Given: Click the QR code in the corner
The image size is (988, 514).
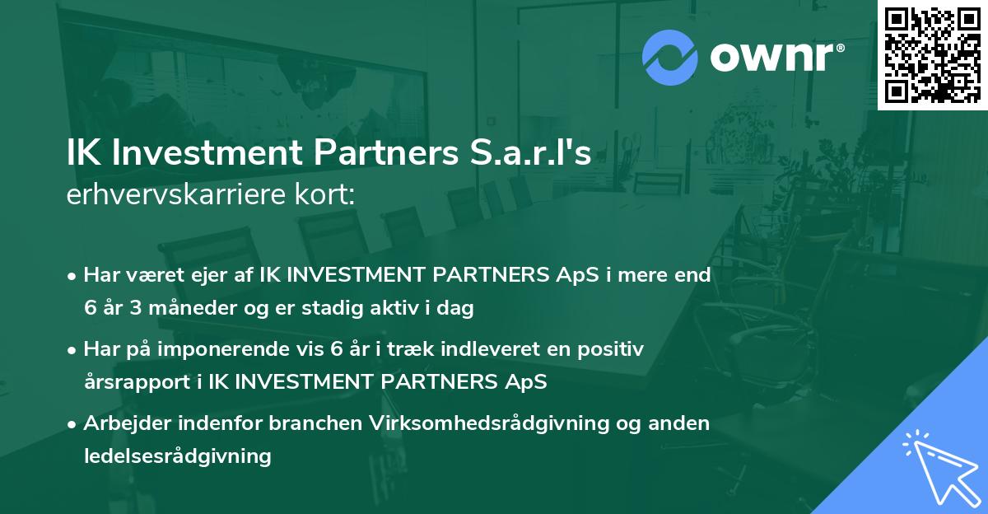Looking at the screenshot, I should click(932, 55).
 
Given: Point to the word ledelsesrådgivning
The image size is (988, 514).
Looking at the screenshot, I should click(177, 456).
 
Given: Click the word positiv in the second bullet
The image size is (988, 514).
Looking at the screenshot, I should click(612, 349).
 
